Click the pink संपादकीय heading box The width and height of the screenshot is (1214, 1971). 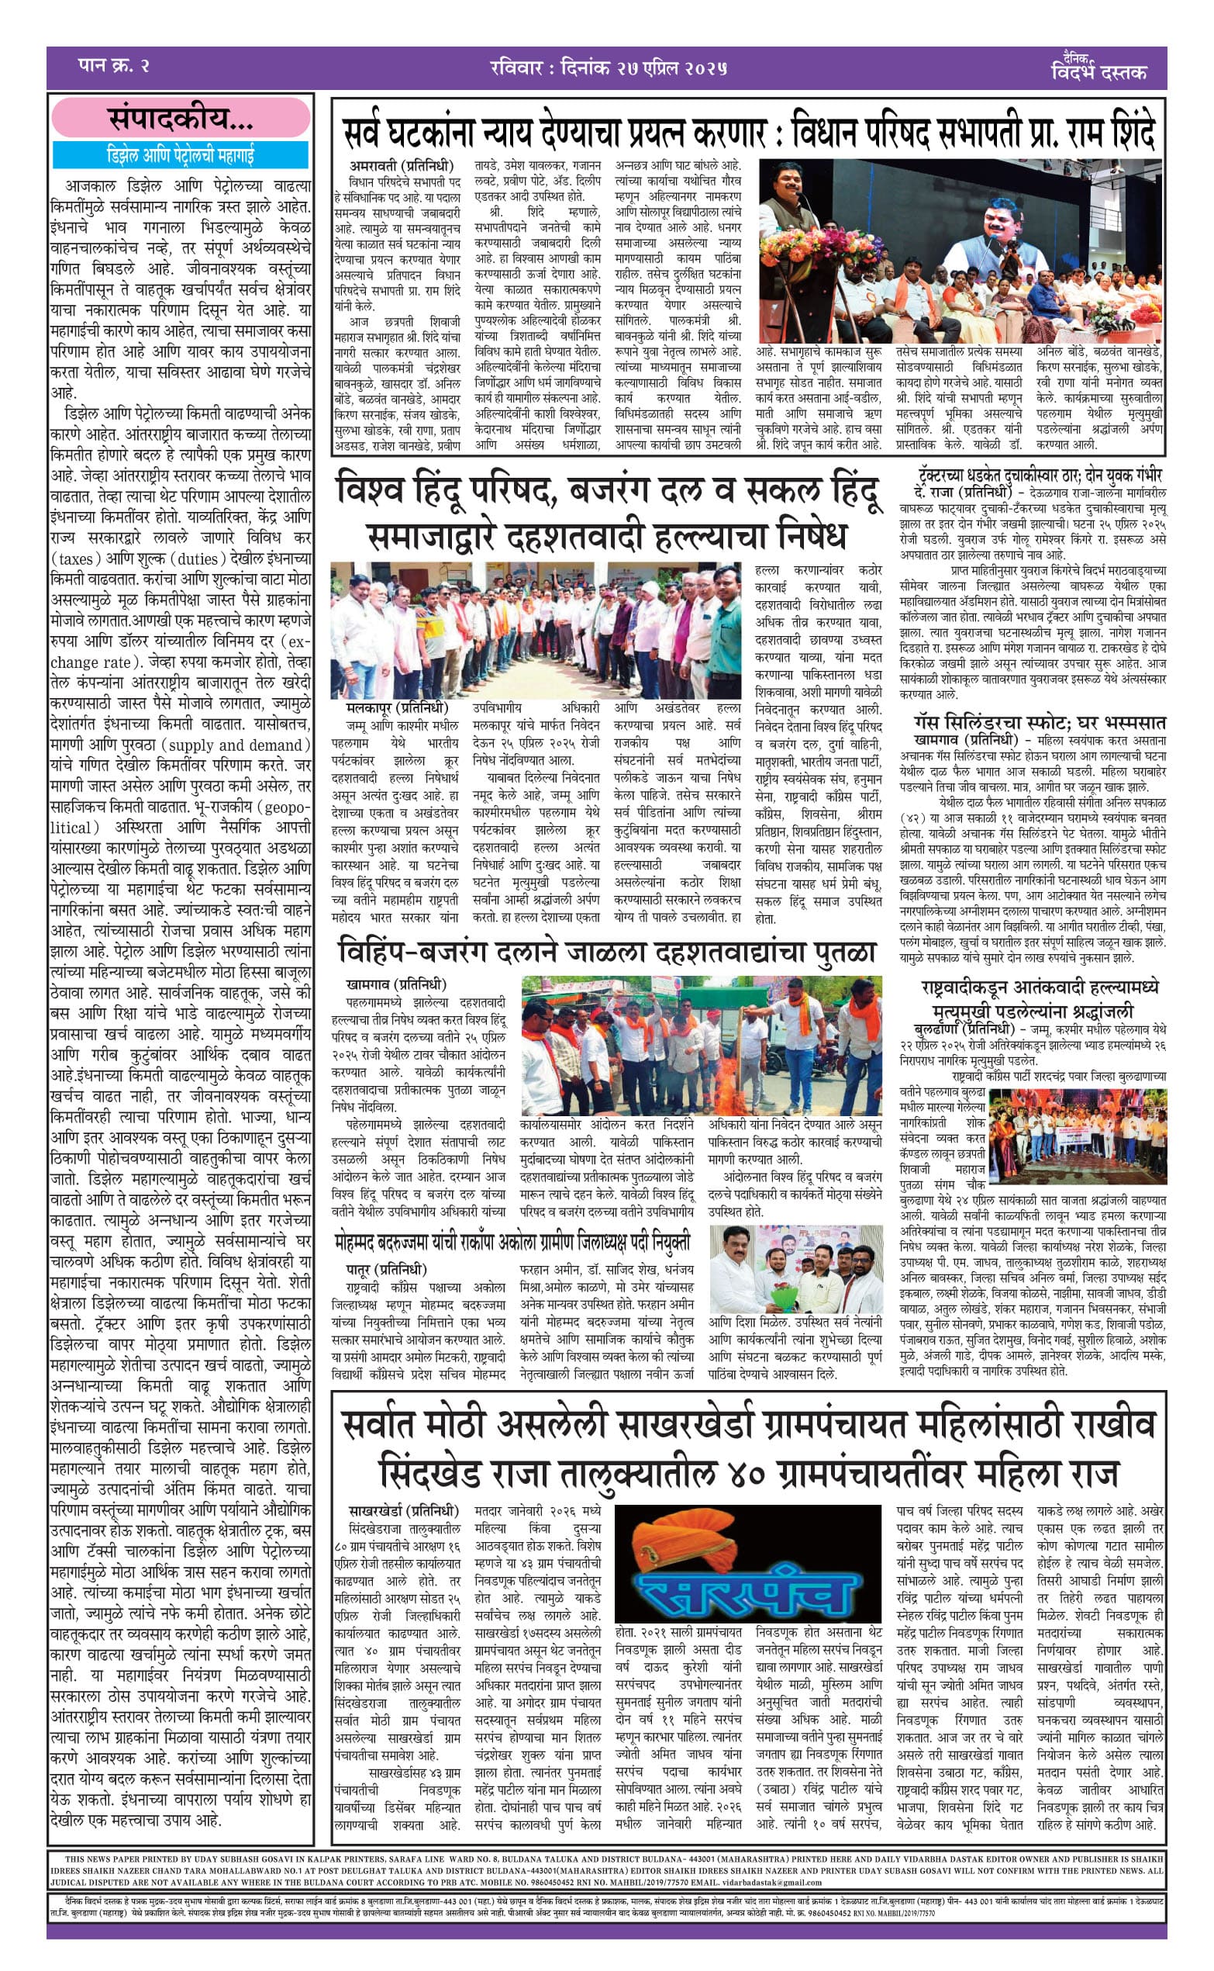click(181, 119)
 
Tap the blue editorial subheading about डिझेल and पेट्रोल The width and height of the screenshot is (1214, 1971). click(181, 154)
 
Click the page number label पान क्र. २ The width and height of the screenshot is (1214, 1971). click(114, 66)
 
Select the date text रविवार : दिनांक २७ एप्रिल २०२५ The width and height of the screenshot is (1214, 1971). click(608, 67)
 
